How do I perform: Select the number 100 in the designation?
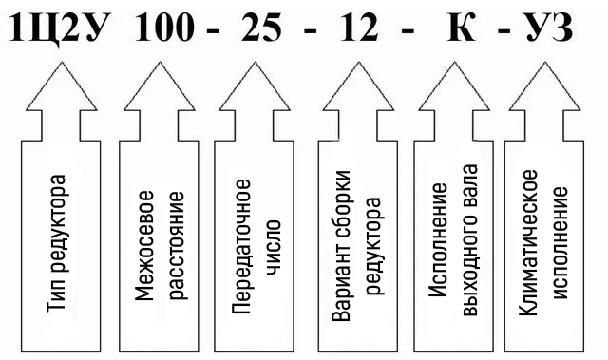coord(164,28)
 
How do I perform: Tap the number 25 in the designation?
coord(260,28)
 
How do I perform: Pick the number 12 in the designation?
coord(359,28)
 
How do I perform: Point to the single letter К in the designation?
coord(462,28)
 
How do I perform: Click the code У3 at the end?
coord(549,28)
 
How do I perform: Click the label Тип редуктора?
coord(56,243)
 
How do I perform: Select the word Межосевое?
coord(144,246)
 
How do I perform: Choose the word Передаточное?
coord(241,246)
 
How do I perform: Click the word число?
coord(275,248)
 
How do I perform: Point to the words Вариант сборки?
coord(341,246)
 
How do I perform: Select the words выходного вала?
coord(470,240)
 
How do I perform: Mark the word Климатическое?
coord(528,242)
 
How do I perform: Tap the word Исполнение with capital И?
coord(438,240)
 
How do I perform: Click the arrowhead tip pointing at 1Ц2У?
coord(61,63)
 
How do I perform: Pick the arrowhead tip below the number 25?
coord(255,63)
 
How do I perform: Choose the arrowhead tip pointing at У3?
coord(544,63)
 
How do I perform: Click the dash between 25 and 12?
coord(311,30)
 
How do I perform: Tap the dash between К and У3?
coord(503,30)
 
